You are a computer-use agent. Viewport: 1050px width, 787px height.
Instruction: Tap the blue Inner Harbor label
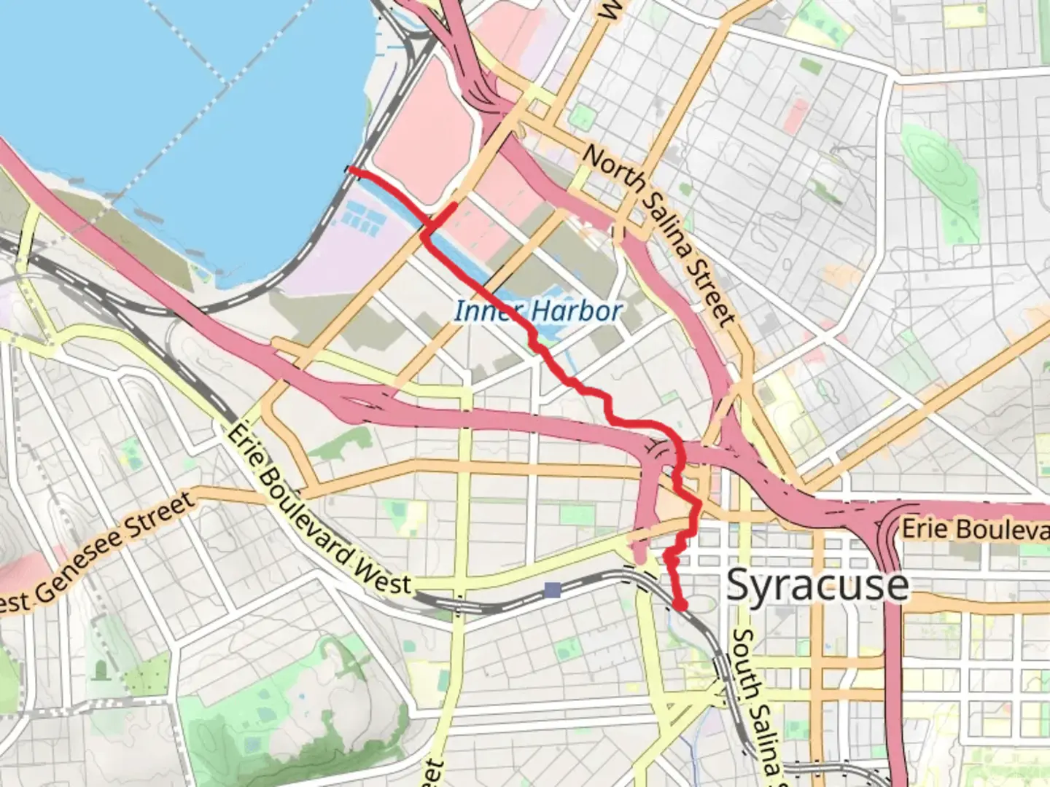pos(538,311)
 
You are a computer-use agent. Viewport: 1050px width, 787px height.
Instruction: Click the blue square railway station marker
pos(553,590)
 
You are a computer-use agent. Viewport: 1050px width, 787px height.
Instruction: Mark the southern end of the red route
pos(680,604)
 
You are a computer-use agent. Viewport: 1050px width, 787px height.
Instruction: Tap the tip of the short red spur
pos(455,205)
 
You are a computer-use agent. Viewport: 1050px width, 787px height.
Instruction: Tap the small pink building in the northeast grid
pos(796,116)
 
